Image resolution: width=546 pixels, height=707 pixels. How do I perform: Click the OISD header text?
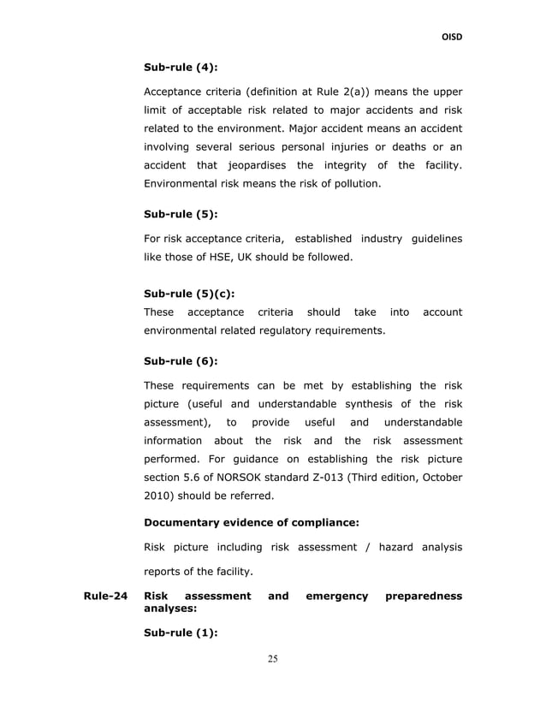[451, 37]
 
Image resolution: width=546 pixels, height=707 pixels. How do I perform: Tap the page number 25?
[273, 658]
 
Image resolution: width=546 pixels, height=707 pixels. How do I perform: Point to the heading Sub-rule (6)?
[181, 361]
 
